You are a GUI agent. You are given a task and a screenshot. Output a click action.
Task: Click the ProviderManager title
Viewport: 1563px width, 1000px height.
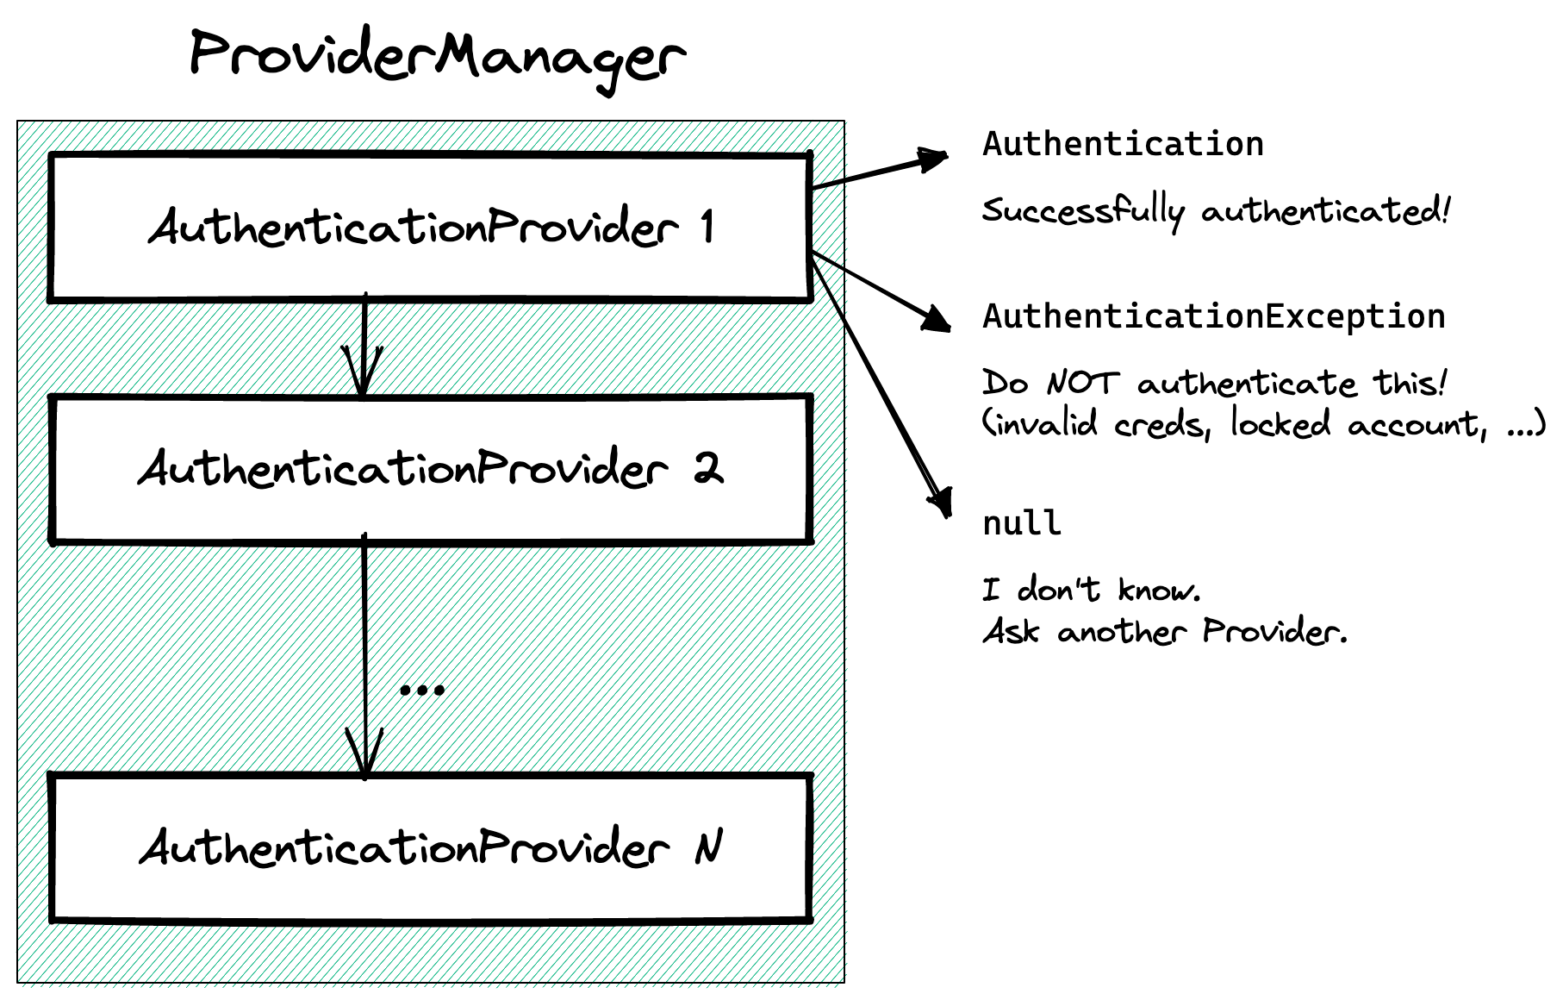437,57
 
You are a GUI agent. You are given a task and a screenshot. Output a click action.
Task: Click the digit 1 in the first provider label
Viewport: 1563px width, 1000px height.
707,227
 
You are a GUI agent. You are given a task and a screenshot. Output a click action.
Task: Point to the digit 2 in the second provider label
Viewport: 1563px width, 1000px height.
708,469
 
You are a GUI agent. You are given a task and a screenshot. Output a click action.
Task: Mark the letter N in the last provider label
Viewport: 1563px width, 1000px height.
708,847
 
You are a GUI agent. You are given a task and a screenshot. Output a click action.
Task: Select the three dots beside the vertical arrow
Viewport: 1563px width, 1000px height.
422,690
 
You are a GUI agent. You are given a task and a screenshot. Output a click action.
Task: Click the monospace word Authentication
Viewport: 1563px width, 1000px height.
1123,144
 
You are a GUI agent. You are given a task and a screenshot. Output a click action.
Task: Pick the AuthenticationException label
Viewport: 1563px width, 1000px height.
1213,316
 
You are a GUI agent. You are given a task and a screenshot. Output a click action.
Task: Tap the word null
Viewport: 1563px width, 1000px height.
1021,523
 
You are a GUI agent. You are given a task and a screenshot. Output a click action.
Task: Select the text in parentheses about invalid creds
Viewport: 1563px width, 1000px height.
1263,424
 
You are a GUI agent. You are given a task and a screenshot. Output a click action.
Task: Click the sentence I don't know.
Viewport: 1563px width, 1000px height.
1091,591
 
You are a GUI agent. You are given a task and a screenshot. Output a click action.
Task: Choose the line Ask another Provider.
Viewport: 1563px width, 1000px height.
1164,632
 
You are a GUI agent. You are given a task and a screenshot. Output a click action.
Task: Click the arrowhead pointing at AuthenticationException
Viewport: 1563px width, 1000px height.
937,322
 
